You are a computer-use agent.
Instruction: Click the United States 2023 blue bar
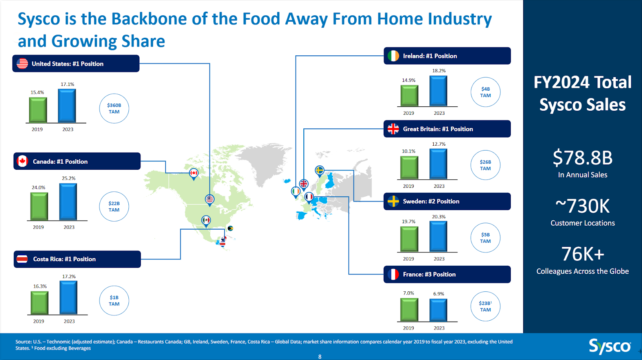[x=67, y=106]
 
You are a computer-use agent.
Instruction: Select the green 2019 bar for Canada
[x=39, y=206]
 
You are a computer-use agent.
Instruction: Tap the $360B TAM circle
[x=114, y=108]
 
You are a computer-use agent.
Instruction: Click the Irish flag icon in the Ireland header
[x=393, y=56]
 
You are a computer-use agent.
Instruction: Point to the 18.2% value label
[x=439, y=71]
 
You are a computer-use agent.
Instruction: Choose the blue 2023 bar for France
[x=438, y=310]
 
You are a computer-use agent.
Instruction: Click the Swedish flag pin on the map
[x=319, y=171]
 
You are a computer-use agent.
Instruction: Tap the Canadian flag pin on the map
[x=194, y=174]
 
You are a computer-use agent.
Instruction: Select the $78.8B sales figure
[x=582, y=158]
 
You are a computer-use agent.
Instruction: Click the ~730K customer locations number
[x=582, y=206]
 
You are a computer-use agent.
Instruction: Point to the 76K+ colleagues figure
[x=582, y=254]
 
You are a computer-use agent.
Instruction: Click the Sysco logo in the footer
[x=610, y=346]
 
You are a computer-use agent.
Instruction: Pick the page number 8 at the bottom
[x=320, y=357]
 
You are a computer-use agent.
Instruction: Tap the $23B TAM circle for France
[x=486, y=306]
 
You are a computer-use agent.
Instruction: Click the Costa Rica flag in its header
[x=22, y=259]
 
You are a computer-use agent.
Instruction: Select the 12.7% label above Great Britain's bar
[x=439, y=144]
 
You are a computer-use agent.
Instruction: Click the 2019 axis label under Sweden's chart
[x=408, y=259]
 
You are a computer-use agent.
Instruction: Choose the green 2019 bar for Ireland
[x=409, y=96]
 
